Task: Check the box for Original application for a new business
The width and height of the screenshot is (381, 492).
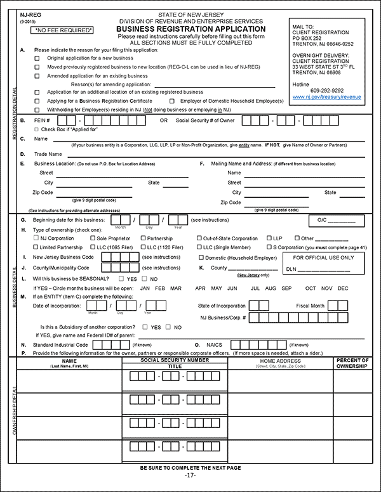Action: pyautogui.click(x=37, y=58)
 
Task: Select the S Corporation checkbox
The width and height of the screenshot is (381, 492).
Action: pyautogui.click(x=269, y=247)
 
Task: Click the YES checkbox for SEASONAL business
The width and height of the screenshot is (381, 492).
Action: pyautogui.click(x=122, y=278)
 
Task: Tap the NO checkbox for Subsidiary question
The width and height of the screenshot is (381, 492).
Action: pyautogui.click(x=169, y=327)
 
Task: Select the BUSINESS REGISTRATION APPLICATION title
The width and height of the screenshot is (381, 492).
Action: pyautogui.click(x=191, y=29)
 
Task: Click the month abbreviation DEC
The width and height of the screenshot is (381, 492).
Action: pyautogui.click(x=343, y=288)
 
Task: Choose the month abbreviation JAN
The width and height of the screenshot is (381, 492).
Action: pyautogui.click(x=145, y=288)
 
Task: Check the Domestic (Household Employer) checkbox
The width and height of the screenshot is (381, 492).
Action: pyautogui.click(x=201, y=257)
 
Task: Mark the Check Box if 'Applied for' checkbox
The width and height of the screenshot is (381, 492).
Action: pyautogui.click(x=37, y=129)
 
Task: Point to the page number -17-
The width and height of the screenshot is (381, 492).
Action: pyautogui.click(x=190, y=475)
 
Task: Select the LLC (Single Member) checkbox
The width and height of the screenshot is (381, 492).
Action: pyautogui.click(x=198, y=247)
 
